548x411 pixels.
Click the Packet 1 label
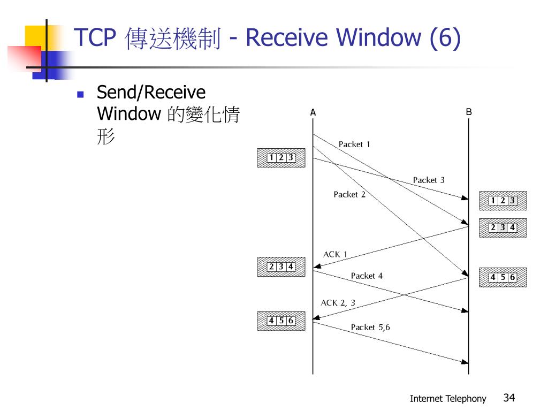[x=354, y=144]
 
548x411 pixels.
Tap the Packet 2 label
[x=349, y=195]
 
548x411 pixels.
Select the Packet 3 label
[x=429, y=180]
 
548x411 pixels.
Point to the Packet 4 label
[x=367, y=276]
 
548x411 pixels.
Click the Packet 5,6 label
[x=370, y=328]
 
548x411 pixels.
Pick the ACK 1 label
[x=335, y=254]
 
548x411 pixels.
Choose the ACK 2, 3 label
[x=338, y=303]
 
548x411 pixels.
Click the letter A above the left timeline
[x=313, y=113]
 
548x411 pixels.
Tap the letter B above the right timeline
[x=469, y=112]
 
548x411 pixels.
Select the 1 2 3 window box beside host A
[x=281, y=158]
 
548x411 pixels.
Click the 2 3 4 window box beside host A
[x=281, y=267]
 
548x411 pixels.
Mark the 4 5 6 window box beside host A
[x=281, y=321]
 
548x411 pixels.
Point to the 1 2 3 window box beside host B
[x=503, y=201]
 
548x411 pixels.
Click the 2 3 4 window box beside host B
[x=503, y=227]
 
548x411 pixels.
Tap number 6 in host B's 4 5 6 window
[x=513, y=277]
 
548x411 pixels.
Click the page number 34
[x=509, y=398]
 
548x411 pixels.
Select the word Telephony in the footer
[x=467, y=399]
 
